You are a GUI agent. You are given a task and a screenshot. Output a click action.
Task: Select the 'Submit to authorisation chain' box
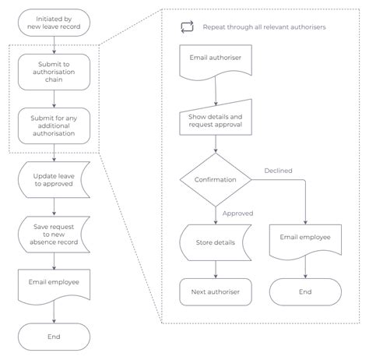coord(54,72)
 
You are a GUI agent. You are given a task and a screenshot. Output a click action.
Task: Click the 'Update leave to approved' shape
coord(54,179)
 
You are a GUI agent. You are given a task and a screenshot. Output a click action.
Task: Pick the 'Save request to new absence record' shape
coord(54,233)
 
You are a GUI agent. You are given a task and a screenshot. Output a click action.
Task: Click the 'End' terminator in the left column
coord(54,337)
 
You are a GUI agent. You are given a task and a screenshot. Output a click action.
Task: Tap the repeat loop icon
coord(187,26)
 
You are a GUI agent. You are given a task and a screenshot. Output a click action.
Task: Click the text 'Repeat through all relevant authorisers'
coord(264,26)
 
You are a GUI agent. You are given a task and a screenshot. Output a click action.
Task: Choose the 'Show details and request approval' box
coord(215,120)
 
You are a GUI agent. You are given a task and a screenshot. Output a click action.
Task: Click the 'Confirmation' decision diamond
coord(215,179)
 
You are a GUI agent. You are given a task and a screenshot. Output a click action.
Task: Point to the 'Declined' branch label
coord(279,170)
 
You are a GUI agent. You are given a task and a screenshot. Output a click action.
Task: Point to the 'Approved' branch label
coord(238,213)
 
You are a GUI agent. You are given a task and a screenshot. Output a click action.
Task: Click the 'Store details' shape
coord(215,242)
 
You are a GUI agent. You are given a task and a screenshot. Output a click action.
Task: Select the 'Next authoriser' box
coord(215,292)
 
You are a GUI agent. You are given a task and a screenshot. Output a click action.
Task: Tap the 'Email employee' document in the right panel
coord(305,238)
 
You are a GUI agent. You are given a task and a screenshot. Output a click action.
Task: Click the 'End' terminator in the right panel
coord(305,292)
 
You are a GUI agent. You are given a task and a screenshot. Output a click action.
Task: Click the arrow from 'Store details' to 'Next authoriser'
coord(215,269)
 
